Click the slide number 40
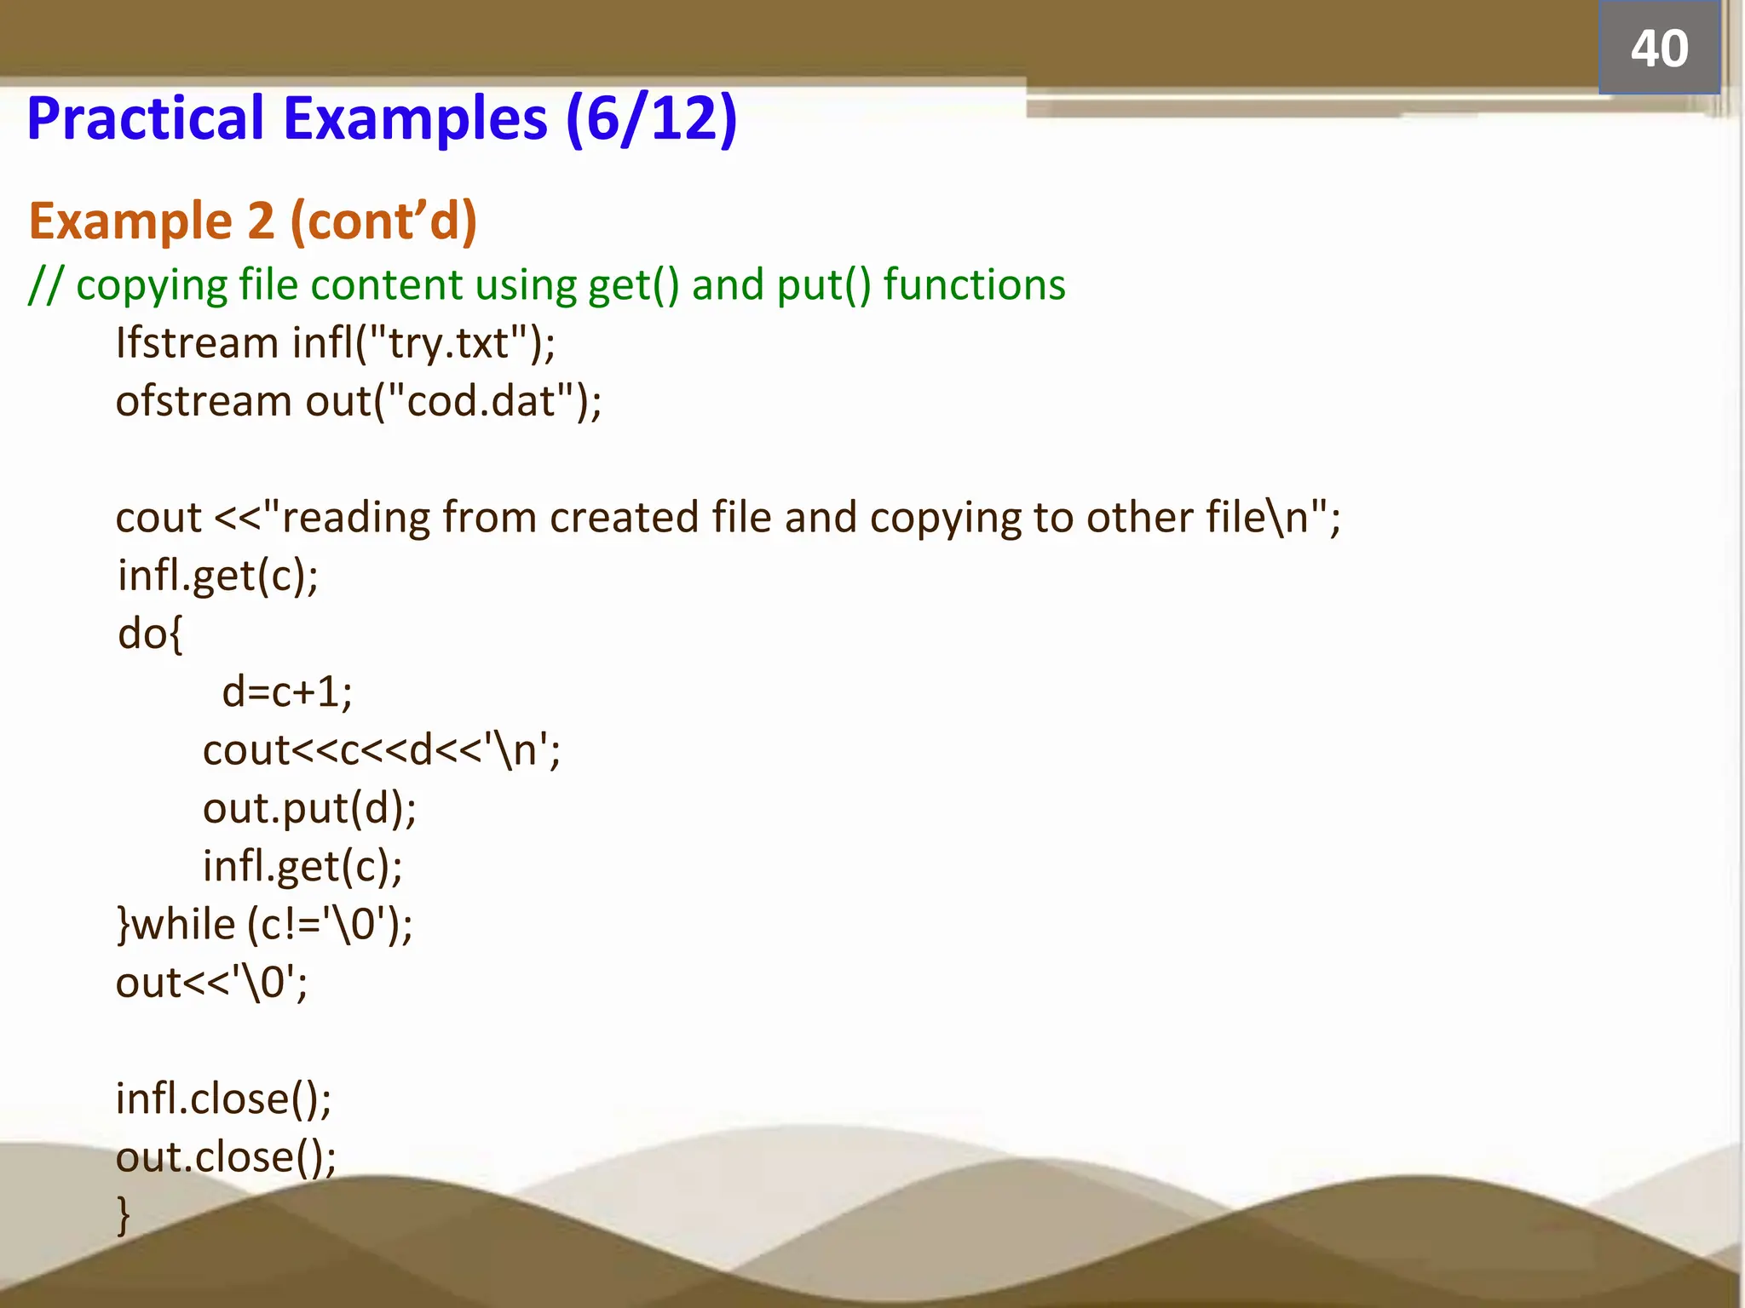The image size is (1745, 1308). click(x=1658, y=49)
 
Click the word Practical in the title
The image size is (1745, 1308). click(x=146, y=118)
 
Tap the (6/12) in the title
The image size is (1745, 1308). click(x=651, y=118)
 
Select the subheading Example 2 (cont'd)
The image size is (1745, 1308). click(x=252, y=221)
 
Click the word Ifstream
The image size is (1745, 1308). click(x=197, y=343)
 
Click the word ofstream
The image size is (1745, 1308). click(x=204, y=401)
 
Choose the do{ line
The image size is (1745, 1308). click(x=150, y=634)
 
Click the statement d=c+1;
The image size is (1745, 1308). click(x=286, y=691)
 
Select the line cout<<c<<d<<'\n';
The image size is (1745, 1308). click(x=382, y=750)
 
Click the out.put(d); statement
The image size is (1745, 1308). click(x=309, y=808)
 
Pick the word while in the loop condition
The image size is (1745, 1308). click(x=184, y=925)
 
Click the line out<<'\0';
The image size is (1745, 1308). click(x=211, y=983)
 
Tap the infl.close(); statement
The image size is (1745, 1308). click(x=223, y=1099)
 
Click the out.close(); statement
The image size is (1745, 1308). click(x=226, y=1156)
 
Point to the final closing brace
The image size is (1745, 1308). click(x=124, y=1214)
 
